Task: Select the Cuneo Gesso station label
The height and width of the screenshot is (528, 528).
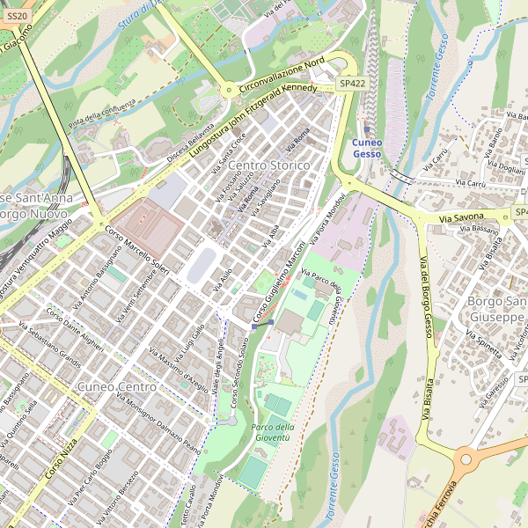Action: [367, 148]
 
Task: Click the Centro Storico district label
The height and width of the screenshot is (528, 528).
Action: [268, 165]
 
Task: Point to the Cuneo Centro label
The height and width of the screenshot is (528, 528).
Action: [117, 386]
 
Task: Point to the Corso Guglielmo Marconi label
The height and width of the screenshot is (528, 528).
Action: [279, 281]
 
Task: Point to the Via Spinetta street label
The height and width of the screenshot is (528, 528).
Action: [484, 344]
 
